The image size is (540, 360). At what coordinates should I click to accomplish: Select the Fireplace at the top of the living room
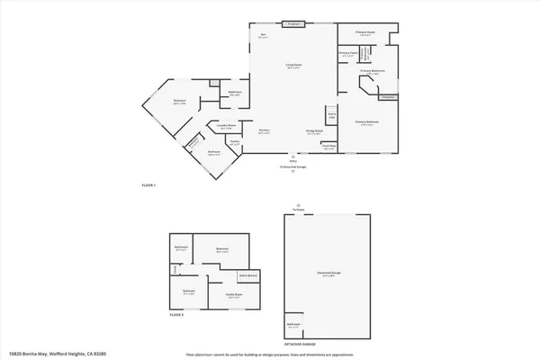(x=293, y=23)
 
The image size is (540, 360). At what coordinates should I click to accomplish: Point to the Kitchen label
(x=265, y=131)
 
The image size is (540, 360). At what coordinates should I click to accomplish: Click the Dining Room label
(x=314, y=131)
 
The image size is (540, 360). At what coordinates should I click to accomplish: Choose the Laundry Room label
(x=228, y=126)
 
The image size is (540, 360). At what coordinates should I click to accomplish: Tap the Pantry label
(x=234, y=142)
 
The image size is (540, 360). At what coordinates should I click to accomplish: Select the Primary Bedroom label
(x=366, y=122)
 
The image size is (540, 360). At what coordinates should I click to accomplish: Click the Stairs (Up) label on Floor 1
(x=331, y=115)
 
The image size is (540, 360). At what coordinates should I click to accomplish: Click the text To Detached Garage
(x=293, y=167)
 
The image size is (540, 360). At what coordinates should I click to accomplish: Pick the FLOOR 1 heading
(x=149, y=185)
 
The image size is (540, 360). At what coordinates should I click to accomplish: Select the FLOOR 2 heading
(x=176, y=315)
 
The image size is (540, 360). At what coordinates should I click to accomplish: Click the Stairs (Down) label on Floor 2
(x=249, y=274)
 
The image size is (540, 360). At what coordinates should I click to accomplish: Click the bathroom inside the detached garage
(x=293, y=325)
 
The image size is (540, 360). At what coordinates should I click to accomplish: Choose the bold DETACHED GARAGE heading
(x=300, y=344)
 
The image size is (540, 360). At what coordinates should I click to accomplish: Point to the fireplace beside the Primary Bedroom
(x=389, y=96)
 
